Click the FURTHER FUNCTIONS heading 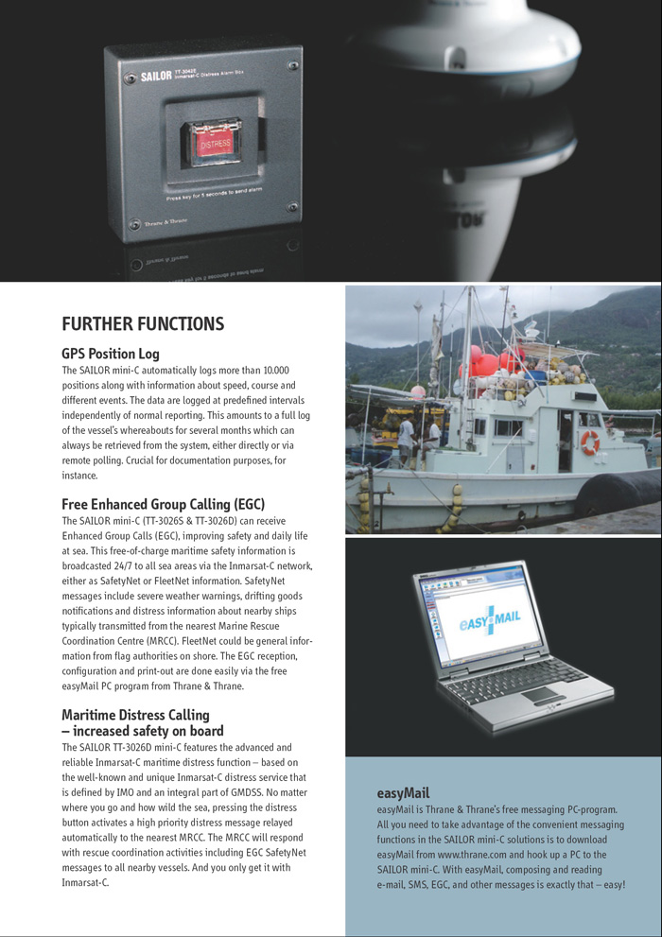point(143,324)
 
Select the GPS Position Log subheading point(111,354)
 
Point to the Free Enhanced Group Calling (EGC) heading point(163,504)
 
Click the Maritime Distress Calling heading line point(135,714)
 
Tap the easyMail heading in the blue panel point(403,793)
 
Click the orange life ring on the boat point(590,442)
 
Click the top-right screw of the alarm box point(293,66)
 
